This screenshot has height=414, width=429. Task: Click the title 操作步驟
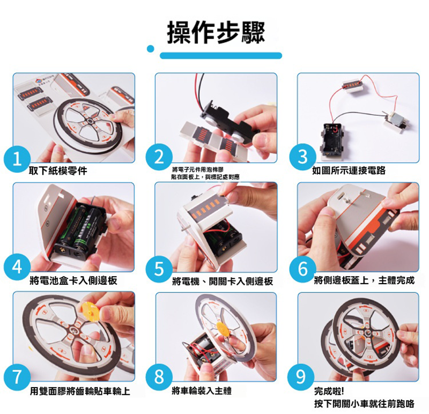tap(216, 33)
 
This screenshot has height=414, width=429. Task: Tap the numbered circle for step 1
tap(17, 159)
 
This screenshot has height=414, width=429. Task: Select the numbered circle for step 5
tap(159, 269)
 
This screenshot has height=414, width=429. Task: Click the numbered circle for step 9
tap(301, 377)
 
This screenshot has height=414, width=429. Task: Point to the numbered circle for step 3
tap(302, 157)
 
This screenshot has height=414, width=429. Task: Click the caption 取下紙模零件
tap(58, 171)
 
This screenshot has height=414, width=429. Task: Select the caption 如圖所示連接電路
tap(349, 171)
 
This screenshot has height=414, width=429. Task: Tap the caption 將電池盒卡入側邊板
tap(73, 280)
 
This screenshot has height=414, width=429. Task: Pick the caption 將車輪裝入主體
tap(202, 390)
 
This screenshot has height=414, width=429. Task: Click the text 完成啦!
tap(329, 391)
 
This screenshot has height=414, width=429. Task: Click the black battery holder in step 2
tap(230, 123)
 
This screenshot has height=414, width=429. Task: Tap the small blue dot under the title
tap(151, 49)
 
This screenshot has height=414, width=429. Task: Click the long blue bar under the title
tap(221, 56)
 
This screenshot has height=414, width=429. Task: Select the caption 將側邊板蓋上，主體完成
tap(364, 280)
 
